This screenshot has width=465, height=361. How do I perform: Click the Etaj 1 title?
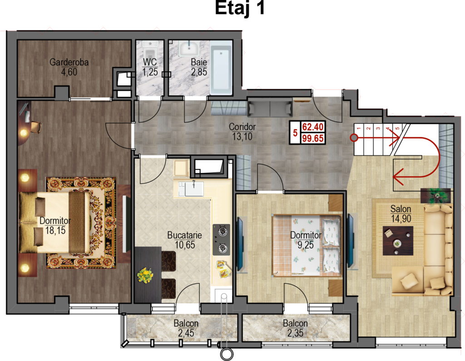[x=240, y=8]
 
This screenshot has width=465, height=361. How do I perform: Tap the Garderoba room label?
[x=69, y=62]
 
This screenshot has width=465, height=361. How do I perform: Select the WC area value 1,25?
[x=150, y=72]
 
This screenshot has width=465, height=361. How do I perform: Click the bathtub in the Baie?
[x=221, y=68]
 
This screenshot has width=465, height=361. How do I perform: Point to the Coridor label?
[x=242, y=127]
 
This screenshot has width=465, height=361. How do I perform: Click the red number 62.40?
[x=313, y=127]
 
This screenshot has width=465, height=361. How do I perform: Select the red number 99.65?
[x=313, y=138]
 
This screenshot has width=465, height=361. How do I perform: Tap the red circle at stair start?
[x=353, y=138]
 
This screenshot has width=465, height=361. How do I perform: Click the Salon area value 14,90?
[x=401, y=219]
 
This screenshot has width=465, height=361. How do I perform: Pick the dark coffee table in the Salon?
[x=398, y=241]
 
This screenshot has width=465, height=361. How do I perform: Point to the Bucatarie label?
[x=184, y=235]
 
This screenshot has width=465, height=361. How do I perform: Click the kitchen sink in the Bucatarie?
[x=194, y=188]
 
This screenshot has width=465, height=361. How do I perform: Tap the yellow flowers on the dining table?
[x=145, y=275]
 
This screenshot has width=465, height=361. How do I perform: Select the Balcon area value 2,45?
[x=186, y=333]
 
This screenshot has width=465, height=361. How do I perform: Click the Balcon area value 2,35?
[x=295, y=333]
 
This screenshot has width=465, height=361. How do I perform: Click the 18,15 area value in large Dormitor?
[x=55, y=231]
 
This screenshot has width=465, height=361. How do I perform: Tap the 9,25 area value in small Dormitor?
[x=306, y=245]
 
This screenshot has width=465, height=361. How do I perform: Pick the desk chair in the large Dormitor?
[x=35, y=127]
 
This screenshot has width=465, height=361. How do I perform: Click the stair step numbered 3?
[x=378, y=128]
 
